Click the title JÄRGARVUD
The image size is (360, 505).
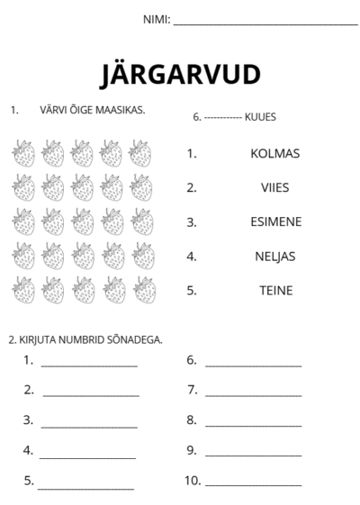(x=181, y=74)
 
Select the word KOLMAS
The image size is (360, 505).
(x=274, y=153)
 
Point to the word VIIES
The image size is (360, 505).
(x=274, y=187)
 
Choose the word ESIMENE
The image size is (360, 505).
(x=275, y=221)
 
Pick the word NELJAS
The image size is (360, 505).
(x=274, y=257)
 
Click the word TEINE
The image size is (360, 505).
(x=275, y=291)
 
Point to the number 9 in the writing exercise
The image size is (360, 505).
(x=191, y=450)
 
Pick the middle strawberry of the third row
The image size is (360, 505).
(x=83, y=221)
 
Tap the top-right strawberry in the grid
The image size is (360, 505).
(x=141, y=153)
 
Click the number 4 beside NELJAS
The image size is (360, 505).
(x=191, y=257)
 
